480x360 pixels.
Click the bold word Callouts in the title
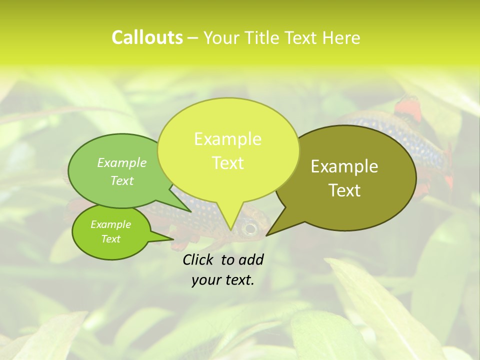tap(147, 37)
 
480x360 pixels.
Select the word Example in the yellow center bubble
tap(227, 139)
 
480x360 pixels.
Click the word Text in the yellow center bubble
tap(227, 163)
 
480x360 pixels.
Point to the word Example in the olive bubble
tap(344, 166)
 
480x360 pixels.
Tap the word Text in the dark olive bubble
tap(344, 190)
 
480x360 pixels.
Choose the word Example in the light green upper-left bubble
tap(122, 162)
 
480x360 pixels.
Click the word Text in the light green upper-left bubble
tap(122, 180)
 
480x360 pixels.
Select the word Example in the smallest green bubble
tap(110, 224)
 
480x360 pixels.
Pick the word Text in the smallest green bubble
tap(110, 239)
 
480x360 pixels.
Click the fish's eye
tap(250, 229)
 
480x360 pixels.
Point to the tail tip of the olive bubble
tap(267, 235)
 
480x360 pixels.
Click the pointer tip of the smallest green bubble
tap(173, 239)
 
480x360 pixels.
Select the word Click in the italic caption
tap(199, 259)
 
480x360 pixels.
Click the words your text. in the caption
tap(223, 280)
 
